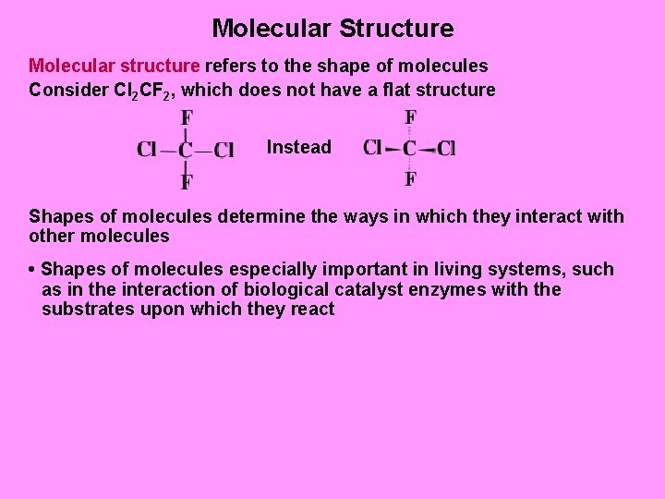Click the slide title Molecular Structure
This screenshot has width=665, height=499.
[332, 28]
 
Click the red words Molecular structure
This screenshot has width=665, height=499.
[114, 67]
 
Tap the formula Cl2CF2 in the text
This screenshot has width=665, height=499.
[138, 91]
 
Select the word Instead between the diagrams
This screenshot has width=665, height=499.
[298, 147]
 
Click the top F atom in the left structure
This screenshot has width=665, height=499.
[187, 118]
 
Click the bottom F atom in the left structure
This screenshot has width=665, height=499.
[187, 181]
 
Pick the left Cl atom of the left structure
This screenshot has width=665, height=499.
[147, 150]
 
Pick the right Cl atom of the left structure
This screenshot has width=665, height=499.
[224, 150]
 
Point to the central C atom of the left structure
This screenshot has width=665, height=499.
[186, 150]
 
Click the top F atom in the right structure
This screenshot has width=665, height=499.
[410, 117]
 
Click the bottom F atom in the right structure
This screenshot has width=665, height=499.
[410, 178]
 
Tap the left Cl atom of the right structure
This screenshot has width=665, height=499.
[373, 148]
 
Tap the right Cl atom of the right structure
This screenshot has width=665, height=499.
[446, 148]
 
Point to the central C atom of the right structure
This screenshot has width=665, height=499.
[410, 148]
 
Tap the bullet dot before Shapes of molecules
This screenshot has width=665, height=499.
[32, 270]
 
